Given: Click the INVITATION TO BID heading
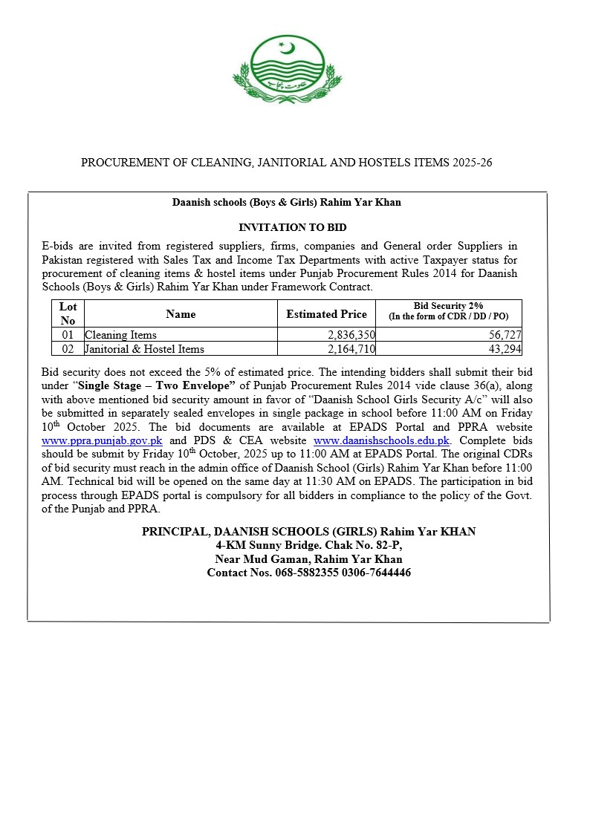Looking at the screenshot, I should (292, 227).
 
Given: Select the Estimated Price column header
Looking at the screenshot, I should (326, 314).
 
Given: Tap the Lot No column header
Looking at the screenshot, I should (68, 313).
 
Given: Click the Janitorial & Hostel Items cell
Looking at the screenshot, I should (145, 349).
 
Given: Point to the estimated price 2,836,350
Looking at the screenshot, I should (346, 336).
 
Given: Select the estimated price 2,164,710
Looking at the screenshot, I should (346, 349).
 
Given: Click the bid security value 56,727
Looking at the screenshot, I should (505, 336).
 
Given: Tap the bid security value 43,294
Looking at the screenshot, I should (505, 349).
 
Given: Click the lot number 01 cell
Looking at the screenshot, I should (68, 336).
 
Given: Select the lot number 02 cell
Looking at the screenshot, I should (68, 349).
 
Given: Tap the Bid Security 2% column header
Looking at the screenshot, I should (449, 310).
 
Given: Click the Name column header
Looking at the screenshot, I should (181, 314).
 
